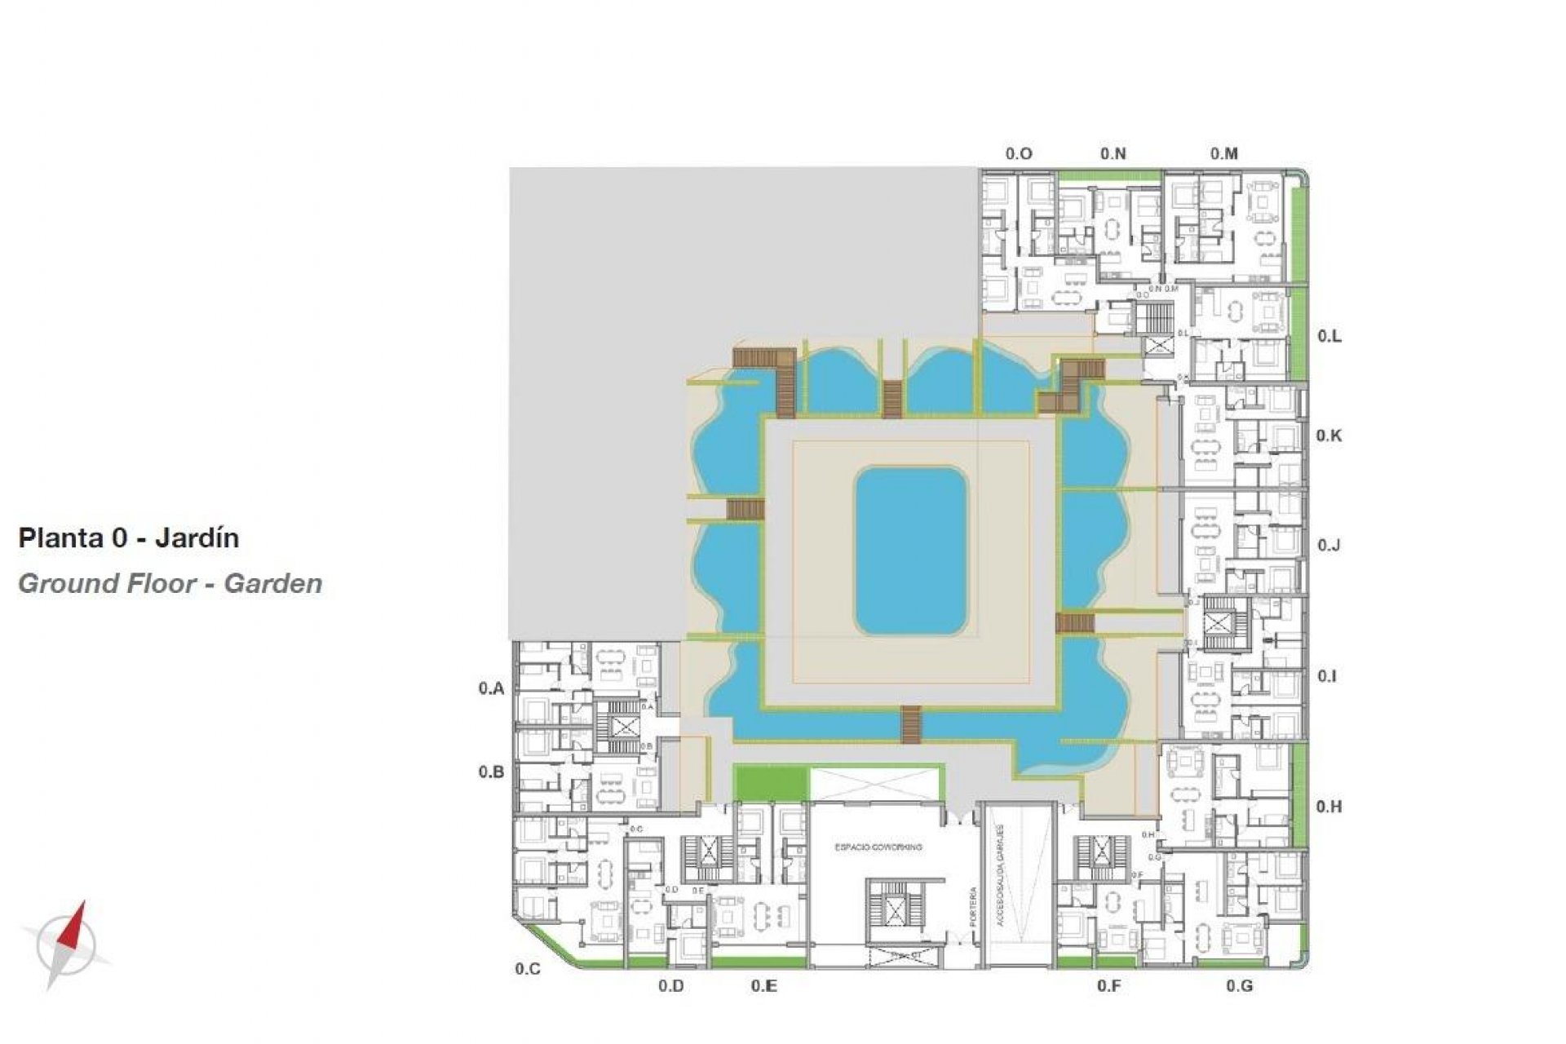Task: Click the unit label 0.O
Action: (1019, 153)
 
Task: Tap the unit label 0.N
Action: (1113, 153)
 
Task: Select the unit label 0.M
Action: (1223, 153)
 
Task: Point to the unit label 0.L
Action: (1329, 336)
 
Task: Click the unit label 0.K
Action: (1329, 436)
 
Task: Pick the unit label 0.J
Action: (1329, 545)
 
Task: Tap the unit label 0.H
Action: (1329, 807)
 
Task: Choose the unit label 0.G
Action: (1239, 986)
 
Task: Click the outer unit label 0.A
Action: (491, 688)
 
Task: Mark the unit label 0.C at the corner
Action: (528, 969)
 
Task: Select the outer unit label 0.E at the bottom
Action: (763, 986)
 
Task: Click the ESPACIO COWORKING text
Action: (878, 847)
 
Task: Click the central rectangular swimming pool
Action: (910, 551)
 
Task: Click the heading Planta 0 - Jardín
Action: (128, 538)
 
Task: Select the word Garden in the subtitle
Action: (273, 584)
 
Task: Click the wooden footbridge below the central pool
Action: (911, 725)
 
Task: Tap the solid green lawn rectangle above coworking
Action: (771, 783)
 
